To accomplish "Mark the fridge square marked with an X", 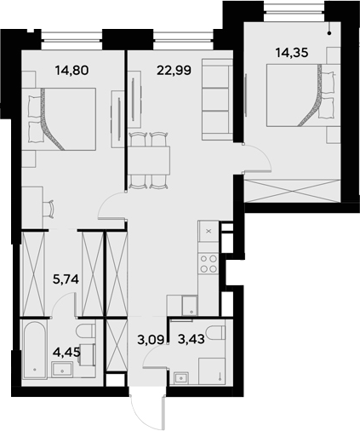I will (209, 230).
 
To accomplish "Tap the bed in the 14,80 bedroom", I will (64, 118).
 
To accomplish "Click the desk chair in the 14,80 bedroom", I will (49, 207).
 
